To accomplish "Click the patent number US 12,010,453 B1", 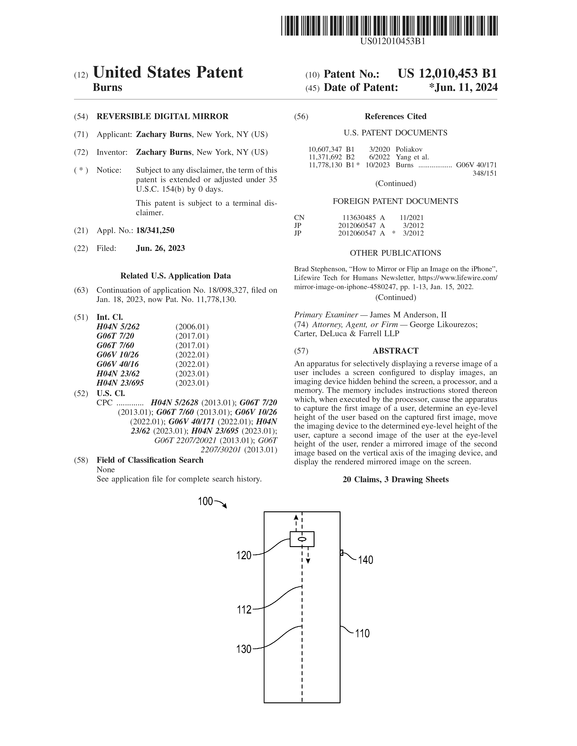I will click(447, 74).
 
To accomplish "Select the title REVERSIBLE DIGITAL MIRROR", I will click(162, 116).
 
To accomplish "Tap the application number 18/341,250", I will click(155, 231).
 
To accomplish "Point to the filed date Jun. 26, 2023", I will click(160, 248).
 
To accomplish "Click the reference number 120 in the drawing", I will click(244, 556).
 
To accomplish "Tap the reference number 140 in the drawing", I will click(365, 560).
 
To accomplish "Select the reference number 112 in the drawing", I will click(244, 610).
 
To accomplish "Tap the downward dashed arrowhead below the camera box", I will click(308, 561).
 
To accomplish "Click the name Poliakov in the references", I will click(409, 149).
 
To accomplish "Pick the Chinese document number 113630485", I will click(359, 217).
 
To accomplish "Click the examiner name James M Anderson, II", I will click(408, 315).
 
